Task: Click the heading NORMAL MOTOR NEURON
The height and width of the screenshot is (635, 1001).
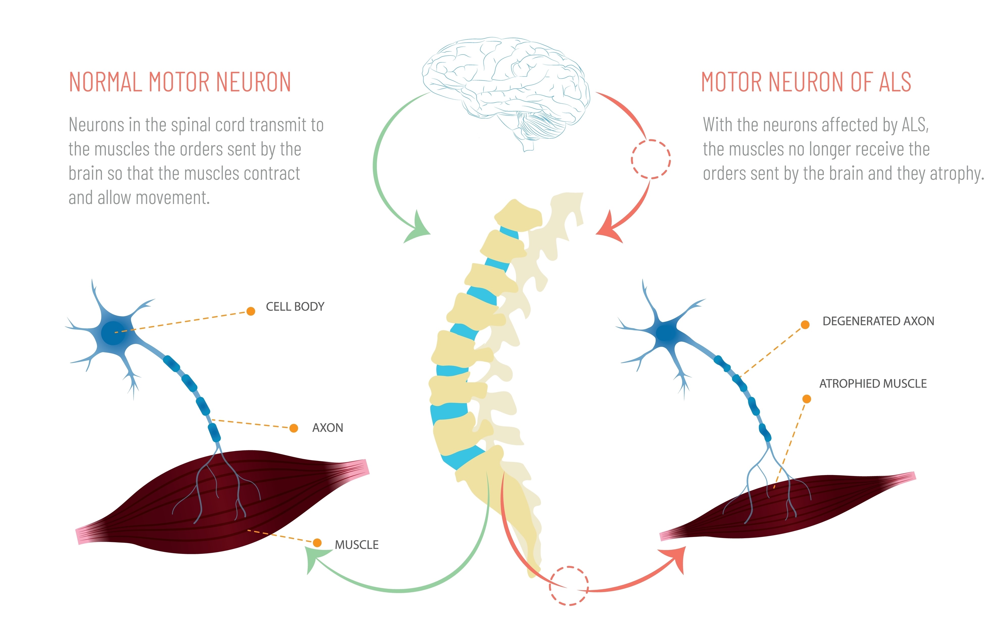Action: point(179,82)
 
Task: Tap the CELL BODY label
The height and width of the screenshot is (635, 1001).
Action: point(295,307)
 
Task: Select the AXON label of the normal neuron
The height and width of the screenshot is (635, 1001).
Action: point(328,428)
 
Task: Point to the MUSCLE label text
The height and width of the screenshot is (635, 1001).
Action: point(357,545)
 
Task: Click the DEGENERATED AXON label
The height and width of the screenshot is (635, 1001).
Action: point(878,321)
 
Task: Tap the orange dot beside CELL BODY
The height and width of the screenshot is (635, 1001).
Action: point(251,311)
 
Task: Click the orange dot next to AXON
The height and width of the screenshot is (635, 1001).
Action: point(293,428)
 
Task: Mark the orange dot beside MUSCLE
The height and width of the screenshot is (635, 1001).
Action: point(317,543)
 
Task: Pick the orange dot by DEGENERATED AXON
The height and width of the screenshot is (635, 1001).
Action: point(805,324)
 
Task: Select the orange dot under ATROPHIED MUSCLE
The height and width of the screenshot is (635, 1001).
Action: point(806,399)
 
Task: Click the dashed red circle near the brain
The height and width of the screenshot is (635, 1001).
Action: point(651,159)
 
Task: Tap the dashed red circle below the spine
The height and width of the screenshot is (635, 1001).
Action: point(569,585)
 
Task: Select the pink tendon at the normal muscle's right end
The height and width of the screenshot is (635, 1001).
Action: point(358,468)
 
